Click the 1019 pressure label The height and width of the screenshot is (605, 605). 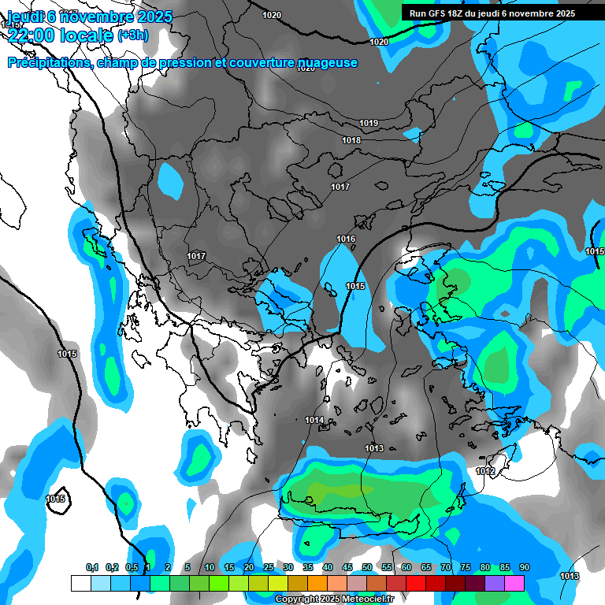point(368,123)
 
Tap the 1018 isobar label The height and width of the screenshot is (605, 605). point(351,140)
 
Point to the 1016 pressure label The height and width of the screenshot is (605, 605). point(346,239)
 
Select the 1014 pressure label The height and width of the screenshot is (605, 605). point(314,420)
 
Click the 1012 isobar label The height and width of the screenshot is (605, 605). point(485,471)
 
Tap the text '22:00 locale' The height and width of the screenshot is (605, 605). point(61,34)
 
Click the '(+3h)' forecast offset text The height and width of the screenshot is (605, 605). point(132,35)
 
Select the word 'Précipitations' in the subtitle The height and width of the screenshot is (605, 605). point(48,63)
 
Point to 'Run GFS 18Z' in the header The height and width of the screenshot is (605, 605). point(436,13)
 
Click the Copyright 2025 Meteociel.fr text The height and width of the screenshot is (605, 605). point(334,599)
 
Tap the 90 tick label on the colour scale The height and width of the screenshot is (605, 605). point(524,567)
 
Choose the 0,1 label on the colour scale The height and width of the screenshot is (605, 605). point(91,567)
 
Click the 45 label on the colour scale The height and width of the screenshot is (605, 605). point(347,567)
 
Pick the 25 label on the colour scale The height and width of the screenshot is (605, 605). point(269,567)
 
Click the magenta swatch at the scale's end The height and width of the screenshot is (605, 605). point(514,583)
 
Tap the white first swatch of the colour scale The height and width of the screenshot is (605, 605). point(80,583)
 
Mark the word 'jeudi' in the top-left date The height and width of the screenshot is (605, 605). point(24,17)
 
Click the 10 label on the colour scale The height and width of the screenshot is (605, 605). point(210,567)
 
